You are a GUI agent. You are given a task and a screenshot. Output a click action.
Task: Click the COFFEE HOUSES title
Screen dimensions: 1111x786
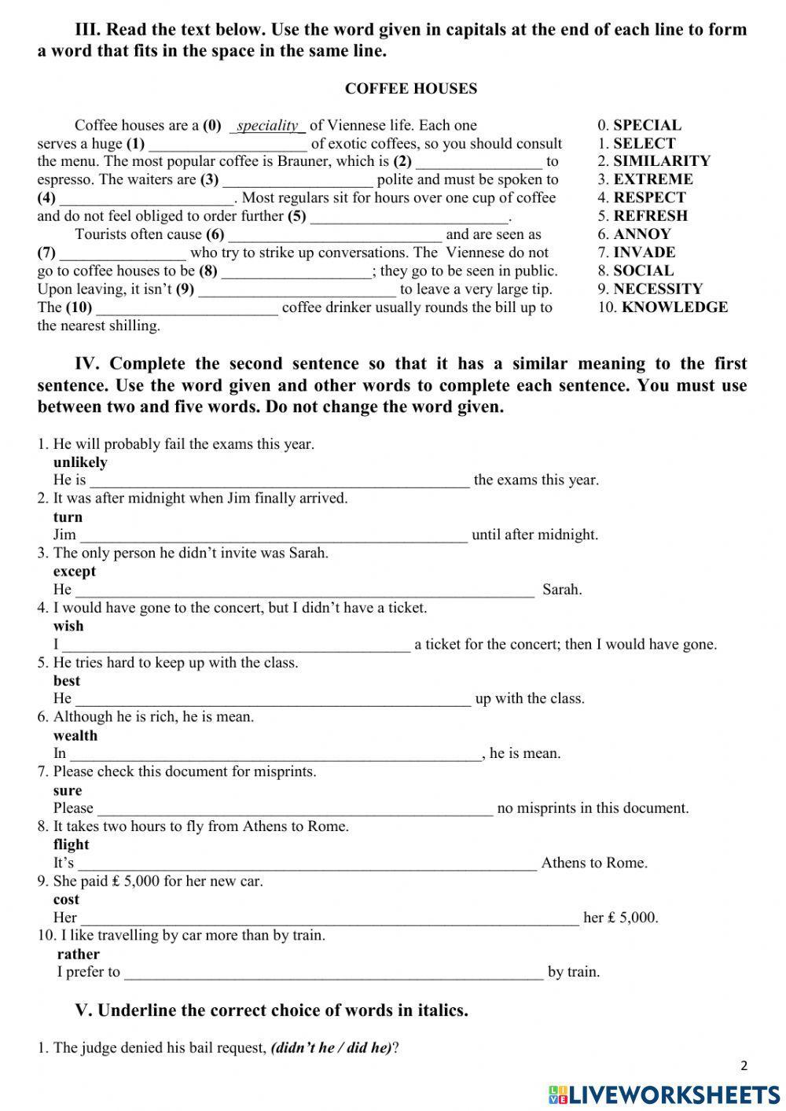pyautogui.click(x=410, y=89)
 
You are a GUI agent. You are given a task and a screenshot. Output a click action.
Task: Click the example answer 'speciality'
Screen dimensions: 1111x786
pyautogui.click(x=267, y=126)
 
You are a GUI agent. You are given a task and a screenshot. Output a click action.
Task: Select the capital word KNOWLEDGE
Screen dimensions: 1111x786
pyautogui.click(x=674, y=307)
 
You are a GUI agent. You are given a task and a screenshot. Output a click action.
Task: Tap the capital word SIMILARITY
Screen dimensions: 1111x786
pyautogui.click(x=661, y=161)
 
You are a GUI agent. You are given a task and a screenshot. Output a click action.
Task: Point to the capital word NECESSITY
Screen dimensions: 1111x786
pyautogui.click(x=658, y=289)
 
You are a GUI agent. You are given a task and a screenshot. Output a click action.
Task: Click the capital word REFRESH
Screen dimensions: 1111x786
pyautogui.click(x=650, y=216)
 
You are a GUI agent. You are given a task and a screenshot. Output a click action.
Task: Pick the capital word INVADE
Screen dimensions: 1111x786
pyautogui.click(x=644, y=252)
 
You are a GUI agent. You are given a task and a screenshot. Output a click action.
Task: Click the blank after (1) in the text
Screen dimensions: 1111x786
pyautogui.click(x=227, y=145)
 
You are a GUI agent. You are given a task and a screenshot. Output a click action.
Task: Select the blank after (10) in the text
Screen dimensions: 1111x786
pyautogui.click(x=186, y=308)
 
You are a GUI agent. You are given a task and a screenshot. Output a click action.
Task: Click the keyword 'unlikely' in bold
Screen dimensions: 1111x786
pyautogui.click(x=80, y=462)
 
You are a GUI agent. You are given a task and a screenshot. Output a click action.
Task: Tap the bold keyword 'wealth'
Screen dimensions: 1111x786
pyautogui.click(x=75, y=736)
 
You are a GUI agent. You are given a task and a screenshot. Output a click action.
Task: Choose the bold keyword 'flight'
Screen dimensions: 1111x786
pyautogui.click(x=72, y=845)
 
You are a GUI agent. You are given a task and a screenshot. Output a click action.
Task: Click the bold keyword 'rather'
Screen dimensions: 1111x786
pyautogui.click(x=79, y=955)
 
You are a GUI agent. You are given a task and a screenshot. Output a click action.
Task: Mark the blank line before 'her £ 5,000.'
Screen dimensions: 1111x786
pyautogui.click(x=329, y=918)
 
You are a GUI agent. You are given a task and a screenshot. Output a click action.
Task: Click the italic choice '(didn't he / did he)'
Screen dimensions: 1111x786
pyautogui.click(x=331, y=1048)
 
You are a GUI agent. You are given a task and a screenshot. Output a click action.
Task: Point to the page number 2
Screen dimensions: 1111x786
pyautogui.click(x=744, y=1066)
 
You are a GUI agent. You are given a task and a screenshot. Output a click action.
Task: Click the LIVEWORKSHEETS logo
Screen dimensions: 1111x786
pyautogui.click(x=664, y=1094)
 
